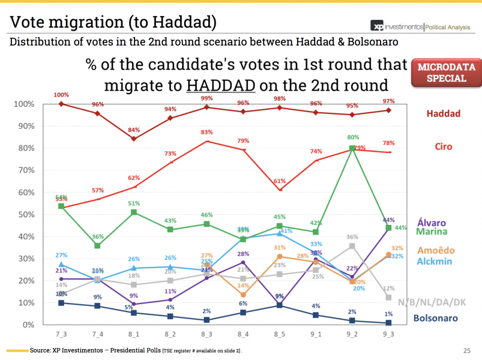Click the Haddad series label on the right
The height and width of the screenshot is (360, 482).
444,113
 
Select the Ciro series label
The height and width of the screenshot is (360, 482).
444,147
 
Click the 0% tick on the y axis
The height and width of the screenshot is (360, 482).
28,325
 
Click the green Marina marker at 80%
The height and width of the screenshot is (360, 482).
352,148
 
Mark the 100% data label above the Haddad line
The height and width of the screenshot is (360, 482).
61,95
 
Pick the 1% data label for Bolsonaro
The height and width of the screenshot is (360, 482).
388,314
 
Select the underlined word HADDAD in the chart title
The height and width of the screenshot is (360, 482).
220,83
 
